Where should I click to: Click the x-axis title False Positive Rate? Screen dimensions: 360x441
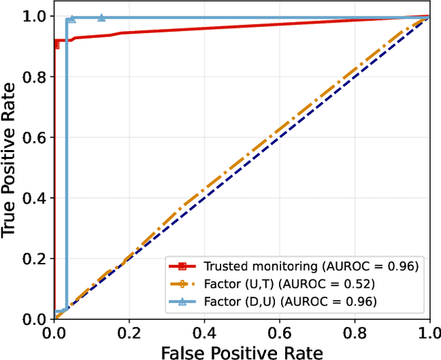point(242,352)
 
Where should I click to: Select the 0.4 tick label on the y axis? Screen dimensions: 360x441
point(38,198)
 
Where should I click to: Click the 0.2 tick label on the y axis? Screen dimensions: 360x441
point(38,259)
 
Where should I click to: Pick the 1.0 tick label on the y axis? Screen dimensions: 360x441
point(38,16)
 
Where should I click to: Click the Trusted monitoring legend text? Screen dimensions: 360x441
point(309,266)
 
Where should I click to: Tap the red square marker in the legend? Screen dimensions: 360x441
point(183,266)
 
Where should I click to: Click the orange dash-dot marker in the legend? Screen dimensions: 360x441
point(183,283)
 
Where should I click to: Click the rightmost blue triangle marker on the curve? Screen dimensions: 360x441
point(101,18)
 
